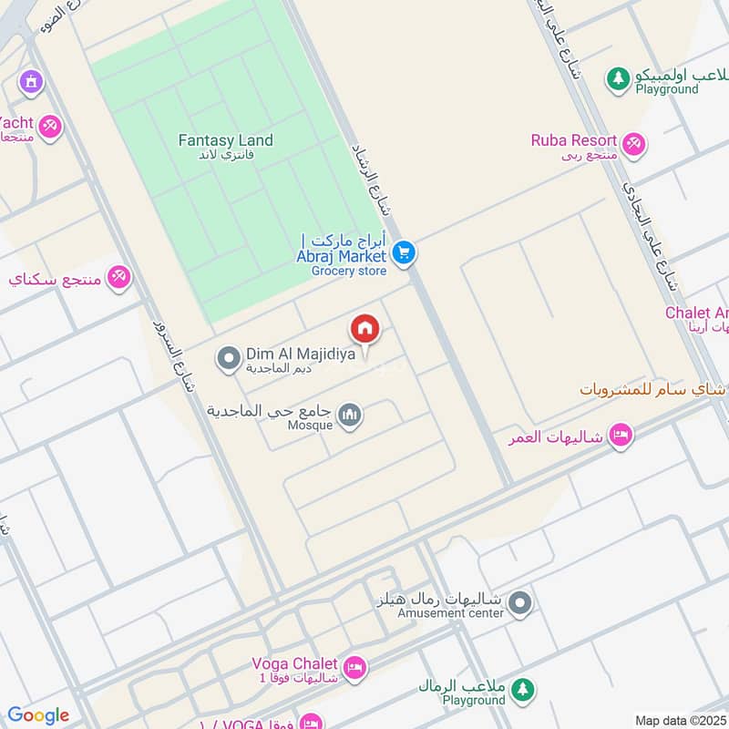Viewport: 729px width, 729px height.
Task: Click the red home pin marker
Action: [x=364, y=328]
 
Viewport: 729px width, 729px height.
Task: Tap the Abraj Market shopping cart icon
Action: [x=406, y=252]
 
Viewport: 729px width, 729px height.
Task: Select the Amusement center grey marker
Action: [x=520, y=603]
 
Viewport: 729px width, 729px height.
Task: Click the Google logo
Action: [x=38, y=715]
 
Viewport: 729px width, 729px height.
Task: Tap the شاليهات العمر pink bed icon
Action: [x=621, y=436]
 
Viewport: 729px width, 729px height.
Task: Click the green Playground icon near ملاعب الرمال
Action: [x=522, y=689]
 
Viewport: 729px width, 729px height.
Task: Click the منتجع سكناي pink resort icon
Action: [x=118, y=277]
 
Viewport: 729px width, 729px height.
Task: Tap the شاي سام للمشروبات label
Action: [x=653, y=389]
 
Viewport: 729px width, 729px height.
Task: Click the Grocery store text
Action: [x=349, y=271]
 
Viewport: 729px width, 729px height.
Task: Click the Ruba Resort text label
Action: [x=574, y=140]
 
